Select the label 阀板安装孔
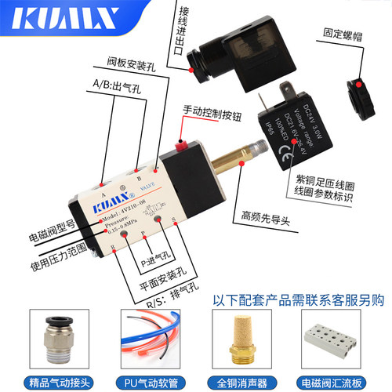(x=131, y=61)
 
